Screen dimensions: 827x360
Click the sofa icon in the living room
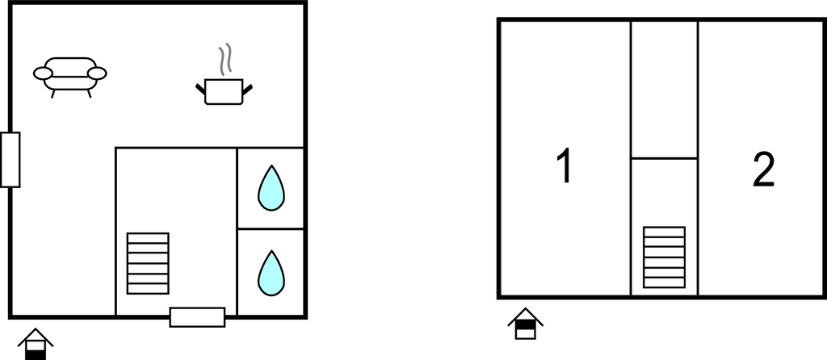pos(69,77)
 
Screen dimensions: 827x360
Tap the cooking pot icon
pos(224,92)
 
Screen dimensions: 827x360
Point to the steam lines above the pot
pos(225,58)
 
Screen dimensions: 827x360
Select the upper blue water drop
pos(271,188)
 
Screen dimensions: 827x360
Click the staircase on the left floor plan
pos(148,263)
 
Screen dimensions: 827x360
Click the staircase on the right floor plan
pos(664,257)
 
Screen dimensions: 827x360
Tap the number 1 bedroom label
pos(565,165)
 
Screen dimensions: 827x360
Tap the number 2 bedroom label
pos(763,170)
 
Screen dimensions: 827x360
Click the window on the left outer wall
pos(10,160)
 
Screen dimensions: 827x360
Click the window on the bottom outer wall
pos(197,317)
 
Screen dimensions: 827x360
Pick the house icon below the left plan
pos(36,344)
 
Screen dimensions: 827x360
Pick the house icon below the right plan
pos(525,324)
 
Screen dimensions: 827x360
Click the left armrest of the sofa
pos(43,73)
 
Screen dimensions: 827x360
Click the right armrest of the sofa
pos(97,73)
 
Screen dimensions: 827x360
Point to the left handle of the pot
pos(200,89)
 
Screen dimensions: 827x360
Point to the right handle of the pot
pos(247,89)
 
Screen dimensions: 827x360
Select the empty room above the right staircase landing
pos(665,90)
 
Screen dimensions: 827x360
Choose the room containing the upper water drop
pos(271,188)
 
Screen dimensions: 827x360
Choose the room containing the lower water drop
pos(271,273)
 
